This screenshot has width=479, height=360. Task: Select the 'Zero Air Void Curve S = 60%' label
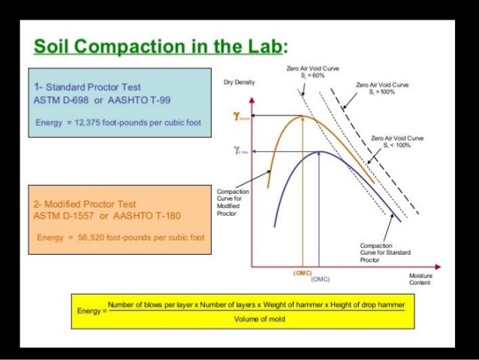[x=313, y=71]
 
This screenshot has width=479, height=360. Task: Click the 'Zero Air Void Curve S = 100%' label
[x=383, y=88]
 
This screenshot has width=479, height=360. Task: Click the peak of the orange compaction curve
[x=302, y=116]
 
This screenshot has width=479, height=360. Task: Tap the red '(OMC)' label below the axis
[x=303, y=272]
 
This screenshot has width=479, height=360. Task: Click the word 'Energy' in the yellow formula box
[x=89, y=310]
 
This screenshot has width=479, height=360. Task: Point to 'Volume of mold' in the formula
[x=256, y=319]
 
